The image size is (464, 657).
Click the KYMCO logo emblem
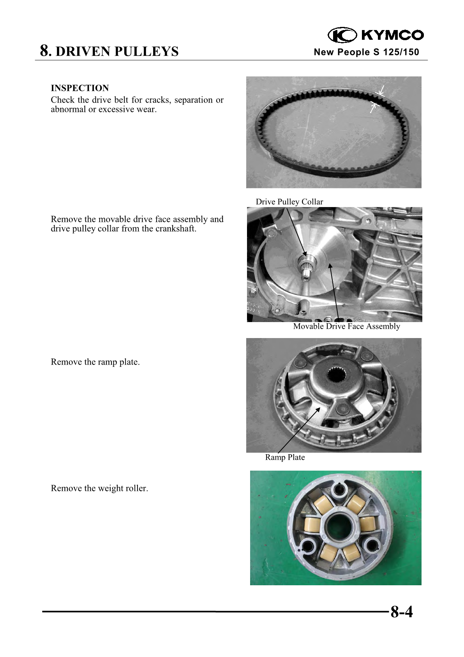coord(342,35)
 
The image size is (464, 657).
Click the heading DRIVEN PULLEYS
coord(117,51)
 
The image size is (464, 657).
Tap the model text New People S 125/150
coord(366,52)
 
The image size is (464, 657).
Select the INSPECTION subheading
coord(80,88)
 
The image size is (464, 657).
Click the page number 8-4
coord(402,611)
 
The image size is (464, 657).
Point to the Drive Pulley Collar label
coord(289,202)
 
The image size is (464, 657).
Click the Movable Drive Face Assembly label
coord(346,326)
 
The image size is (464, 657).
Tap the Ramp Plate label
coord(285,457)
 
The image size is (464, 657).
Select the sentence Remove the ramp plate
coord(95,362)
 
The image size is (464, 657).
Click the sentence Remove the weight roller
coord(99,489)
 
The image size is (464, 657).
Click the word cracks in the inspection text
coord(157,100)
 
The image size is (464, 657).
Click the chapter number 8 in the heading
coord(45,51)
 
